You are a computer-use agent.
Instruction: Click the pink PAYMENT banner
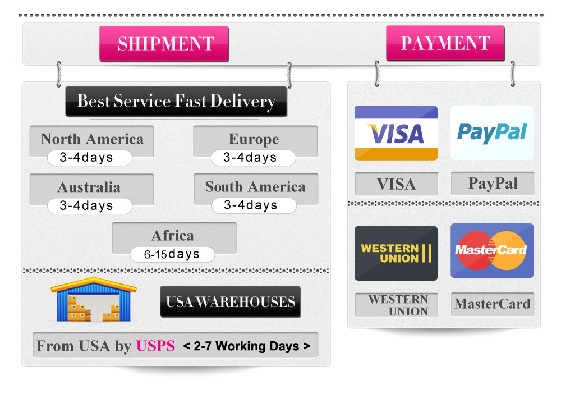tap(445, 43)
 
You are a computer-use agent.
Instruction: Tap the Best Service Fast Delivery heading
tap(176, 102)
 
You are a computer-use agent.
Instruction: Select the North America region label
tap(91, 139)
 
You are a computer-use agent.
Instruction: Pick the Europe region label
tap(254, 139)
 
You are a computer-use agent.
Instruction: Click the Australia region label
tap(89, 187)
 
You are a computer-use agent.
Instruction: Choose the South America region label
tap(255, 187)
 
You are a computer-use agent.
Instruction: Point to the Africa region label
tap(173, 235)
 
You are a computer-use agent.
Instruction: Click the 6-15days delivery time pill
tap(172, 254)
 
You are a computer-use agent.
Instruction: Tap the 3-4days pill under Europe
tap(253, 158)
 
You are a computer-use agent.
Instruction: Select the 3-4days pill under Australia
tap(89, 206)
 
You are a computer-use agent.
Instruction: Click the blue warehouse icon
tap(94, 300)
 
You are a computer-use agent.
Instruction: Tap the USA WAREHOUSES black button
tap(230, 302)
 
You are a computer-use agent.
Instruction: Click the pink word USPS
tap(155, 346)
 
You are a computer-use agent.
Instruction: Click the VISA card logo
tap(396, 133)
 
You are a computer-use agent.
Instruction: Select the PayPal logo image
tap(492, 133)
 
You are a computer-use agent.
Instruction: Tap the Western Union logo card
tap(396, 253)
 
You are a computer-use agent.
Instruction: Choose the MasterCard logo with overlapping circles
tap(491, 250)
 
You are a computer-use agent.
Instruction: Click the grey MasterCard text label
tap(492, 304)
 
